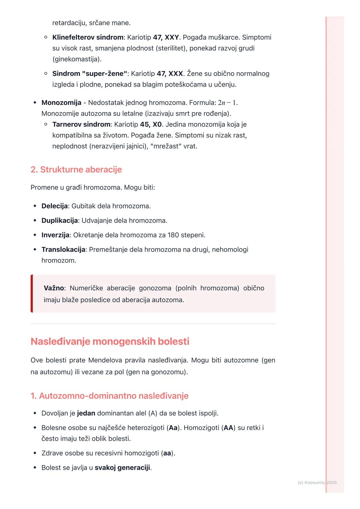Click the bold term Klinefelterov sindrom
pyautogui.click(x=88, y=37)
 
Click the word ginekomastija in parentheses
pyautogui.click(x=77, y=59)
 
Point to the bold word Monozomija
pyautogui.click(x=61, y=103)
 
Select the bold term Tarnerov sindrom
pyautogui.click(x=81, y=125)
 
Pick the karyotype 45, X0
pyautogui.click(x=151, y=125)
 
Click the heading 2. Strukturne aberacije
pyautogui.click(x=76, y=170)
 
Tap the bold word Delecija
pyautogui.click(x=54, y=206)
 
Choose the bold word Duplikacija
pyautogui.click(x=60, y=221)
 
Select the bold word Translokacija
pyautogui.click(x=63, y=250)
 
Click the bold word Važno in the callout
pyautogui.click(x=54, y=288)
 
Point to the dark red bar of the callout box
pyautogui.click(x=32, y=293)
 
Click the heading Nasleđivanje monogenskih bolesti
pyautogui.click(x=110, y=341)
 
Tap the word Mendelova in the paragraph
pyautogui.click(x=105, y=360)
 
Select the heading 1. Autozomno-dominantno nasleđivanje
pyautogui.click(x=109, y=396)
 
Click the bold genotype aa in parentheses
pyautogui.click(x=167, y=453)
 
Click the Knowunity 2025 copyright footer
pyautogui.click(x=317, y=483)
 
